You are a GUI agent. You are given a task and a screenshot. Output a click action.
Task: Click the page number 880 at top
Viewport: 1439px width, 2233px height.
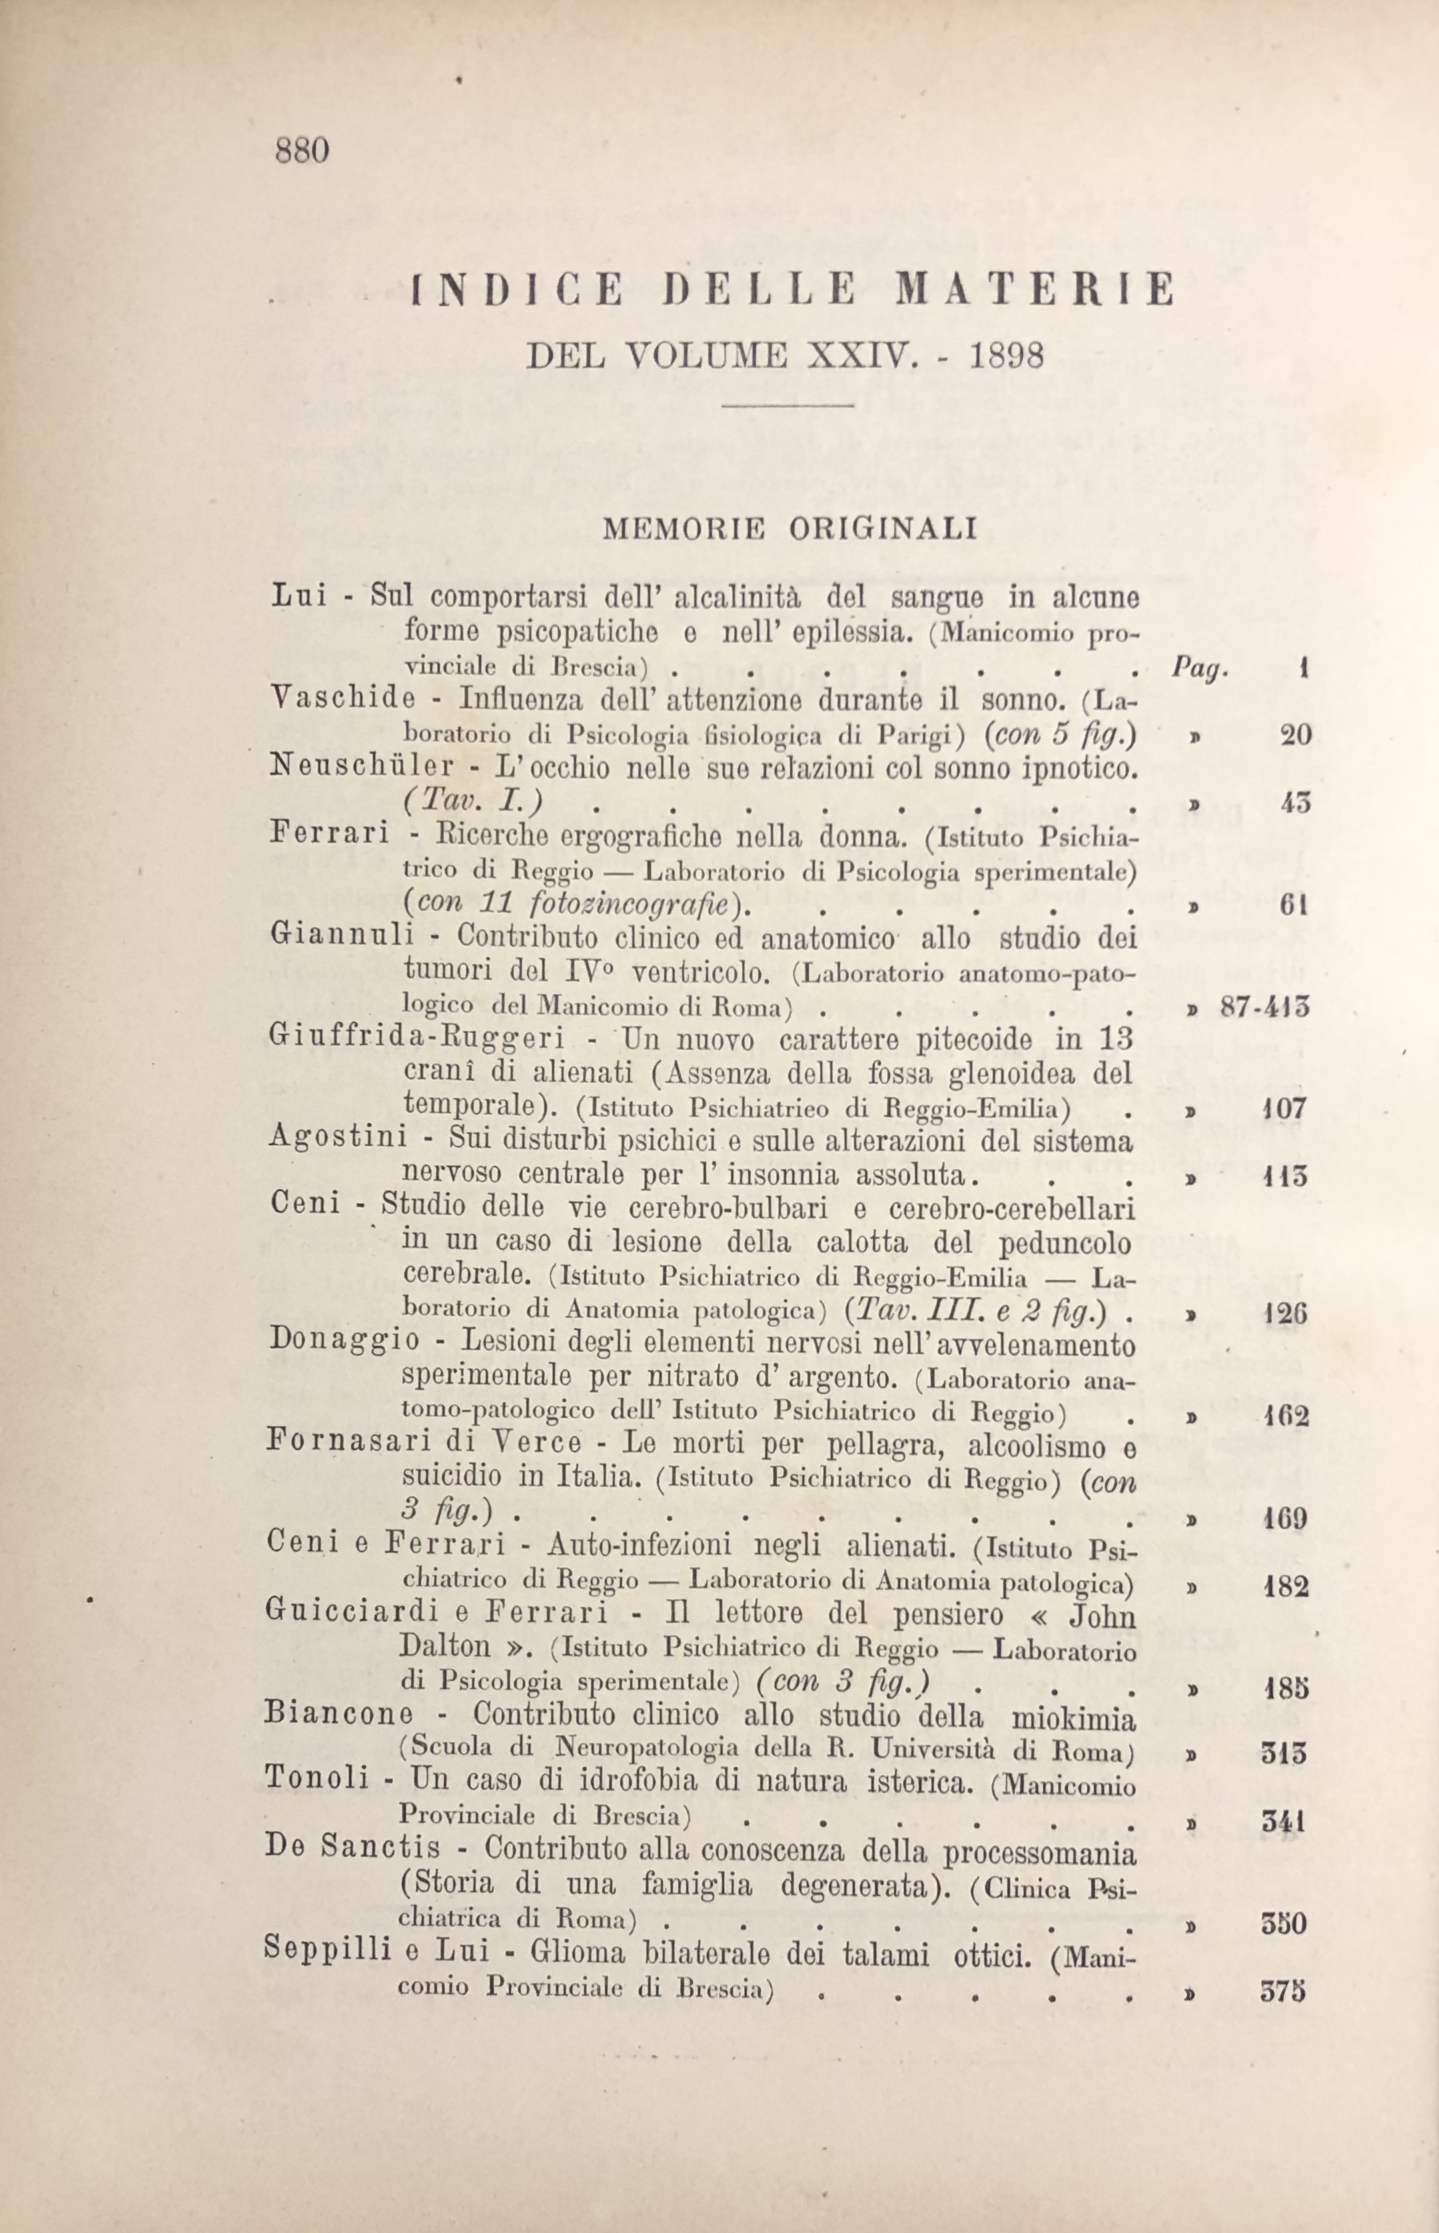[302, 151]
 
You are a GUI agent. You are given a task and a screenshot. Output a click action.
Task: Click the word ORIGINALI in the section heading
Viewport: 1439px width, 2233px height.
[883, 530]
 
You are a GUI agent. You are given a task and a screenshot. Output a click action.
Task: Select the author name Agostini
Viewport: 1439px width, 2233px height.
[338, 1138]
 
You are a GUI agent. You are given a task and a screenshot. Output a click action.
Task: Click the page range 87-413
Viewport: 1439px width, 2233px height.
[1263, 1007]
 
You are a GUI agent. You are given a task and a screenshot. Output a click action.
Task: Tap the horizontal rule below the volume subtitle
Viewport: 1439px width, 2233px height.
[789, 404]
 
